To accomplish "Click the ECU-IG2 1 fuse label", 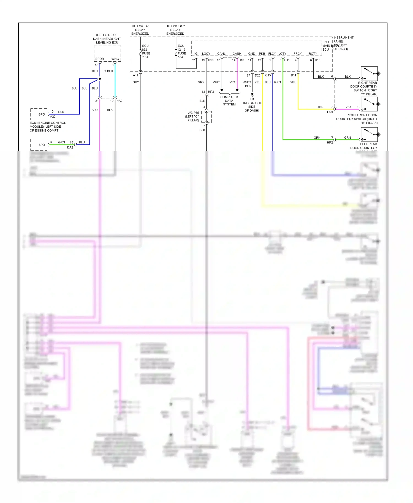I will (146, 51).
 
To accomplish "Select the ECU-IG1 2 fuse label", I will (181, 51).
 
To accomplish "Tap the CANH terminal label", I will (237, 54).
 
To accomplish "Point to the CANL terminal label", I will (221, 54).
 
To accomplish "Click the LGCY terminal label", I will (206, 54).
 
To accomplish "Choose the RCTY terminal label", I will (313, 54).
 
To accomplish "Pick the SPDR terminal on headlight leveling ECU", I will (100, 59).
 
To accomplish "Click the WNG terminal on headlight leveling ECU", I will (115, 59).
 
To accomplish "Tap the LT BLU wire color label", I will (108, 71).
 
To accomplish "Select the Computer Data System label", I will (229, 101).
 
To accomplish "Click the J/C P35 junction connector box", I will (206, 117).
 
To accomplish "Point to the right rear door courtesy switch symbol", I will (369, 73).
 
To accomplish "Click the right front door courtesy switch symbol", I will (369, 104).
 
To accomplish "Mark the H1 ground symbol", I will (252, 95).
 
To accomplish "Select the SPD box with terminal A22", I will (39, 114).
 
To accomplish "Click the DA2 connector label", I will (70, 147).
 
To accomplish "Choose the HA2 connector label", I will (119, 101).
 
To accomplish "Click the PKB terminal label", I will (262, 54).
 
